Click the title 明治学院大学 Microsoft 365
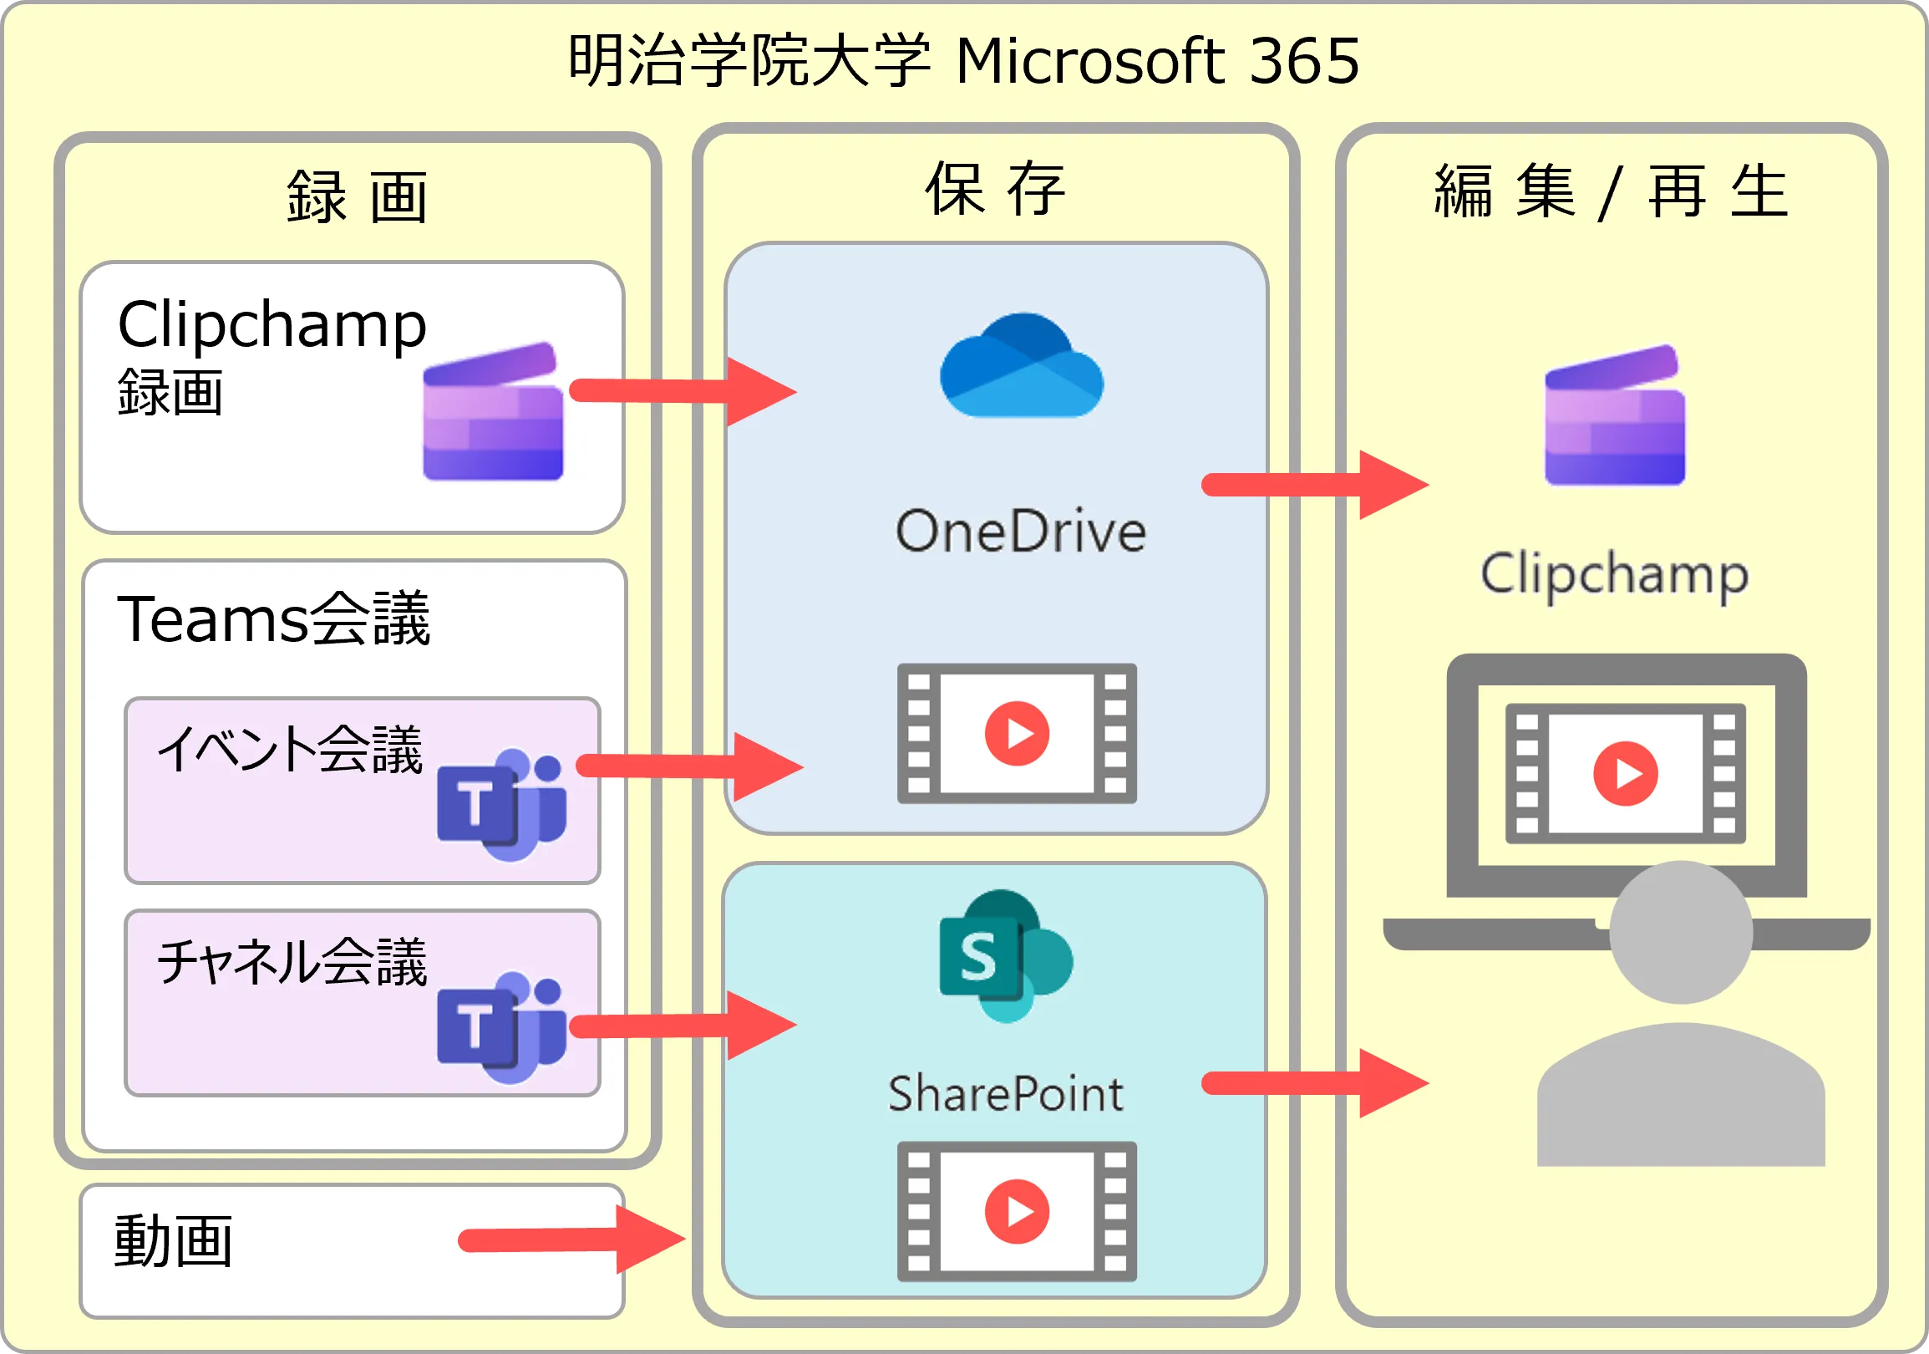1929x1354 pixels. (962, 60)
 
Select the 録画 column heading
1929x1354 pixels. (357, 196)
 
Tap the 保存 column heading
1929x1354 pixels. (996, 189)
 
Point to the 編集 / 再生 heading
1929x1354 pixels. (1611, 191)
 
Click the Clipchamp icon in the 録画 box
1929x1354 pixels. (492, 412)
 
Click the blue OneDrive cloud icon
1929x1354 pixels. (1021, 366)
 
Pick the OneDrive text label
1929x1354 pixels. (1021, 532)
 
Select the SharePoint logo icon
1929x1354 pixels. (1005, 955)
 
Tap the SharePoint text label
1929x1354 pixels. (1006, 1093)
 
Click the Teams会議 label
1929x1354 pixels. (273, 619)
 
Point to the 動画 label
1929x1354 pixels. (173, 1241)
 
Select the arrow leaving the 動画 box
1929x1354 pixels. (572, 1239)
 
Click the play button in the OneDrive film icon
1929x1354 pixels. (1017, 734)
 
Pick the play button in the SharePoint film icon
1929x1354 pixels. (1017, 1211)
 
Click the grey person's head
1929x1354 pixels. (1681, 933)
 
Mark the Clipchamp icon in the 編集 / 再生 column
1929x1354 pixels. (1614, 415)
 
